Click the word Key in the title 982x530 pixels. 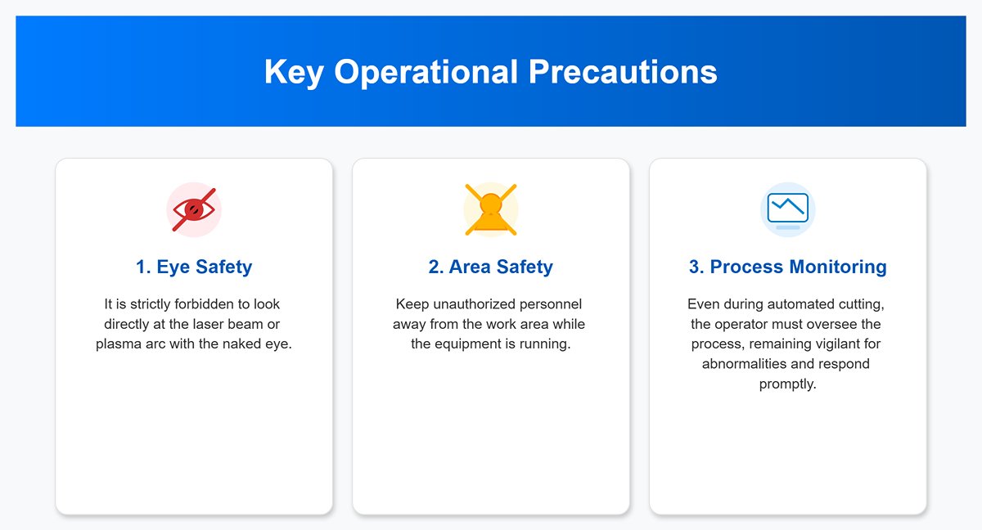pyautogui.click(x=294, y=72)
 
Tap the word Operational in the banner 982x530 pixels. pyautogui.click(x=426, y=72)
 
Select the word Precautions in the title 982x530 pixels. pyautogui.click(x=623, y=71)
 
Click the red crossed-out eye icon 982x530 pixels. pyautogui.click(x=194, y=210)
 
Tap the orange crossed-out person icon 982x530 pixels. pyautogui.click(x=491, y=210)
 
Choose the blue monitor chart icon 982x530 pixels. pyautogui.click(x=788, y=210)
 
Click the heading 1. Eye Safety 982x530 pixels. pyautogui.click(x=194, y=267)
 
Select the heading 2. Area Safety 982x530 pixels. pyautogui.click(x=490, y=267)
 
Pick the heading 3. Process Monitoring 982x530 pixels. pyautogui.click(x=788, y=267)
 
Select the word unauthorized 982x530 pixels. pyautogui.click(x=475, y=304)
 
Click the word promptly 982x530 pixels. pyautogui.click(x=788, y=384)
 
